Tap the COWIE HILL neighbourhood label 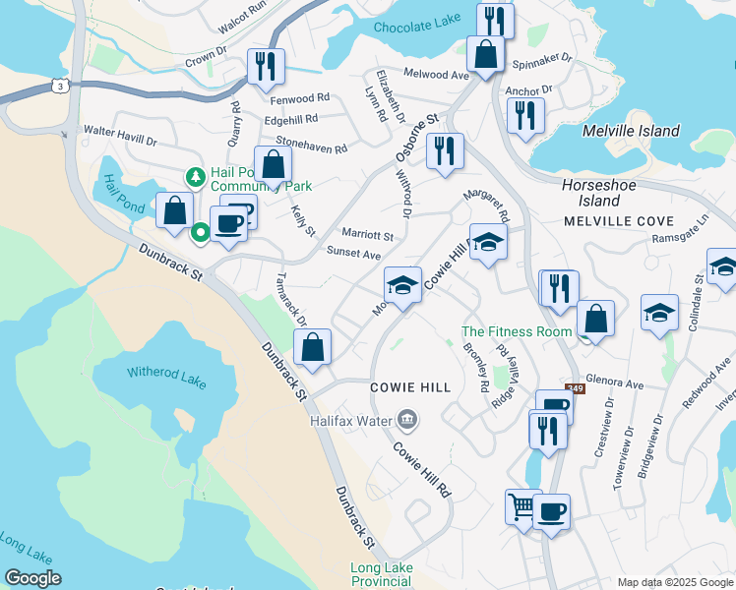click(410, 387)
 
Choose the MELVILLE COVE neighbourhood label click(618, 221)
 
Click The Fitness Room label click(517, 331)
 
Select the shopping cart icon click(521, 507)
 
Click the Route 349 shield click(575, 388)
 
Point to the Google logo click(32, 578)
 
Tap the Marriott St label click(367, 236)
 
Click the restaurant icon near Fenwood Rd click(266, 66)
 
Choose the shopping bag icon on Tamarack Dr click(312, 347)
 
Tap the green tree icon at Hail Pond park click(195, 177)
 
